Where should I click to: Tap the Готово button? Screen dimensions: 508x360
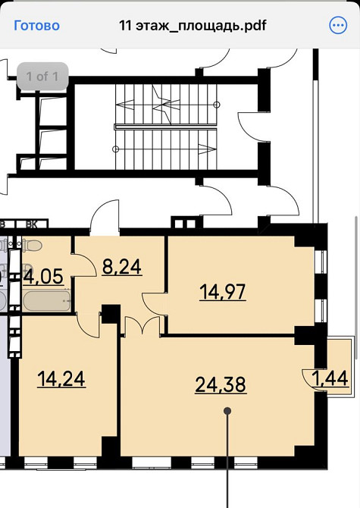tap(36, 25)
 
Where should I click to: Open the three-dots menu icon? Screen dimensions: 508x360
tap(337, 25)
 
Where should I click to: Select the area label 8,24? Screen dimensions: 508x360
tap(122, 267)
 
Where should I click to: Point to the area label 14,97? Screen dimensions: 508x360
tap(222, 291)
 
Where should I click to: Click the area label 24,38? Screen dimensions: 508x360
tap(221, 385)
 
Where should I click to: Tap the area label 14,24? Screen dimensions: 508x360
tap(61, 378)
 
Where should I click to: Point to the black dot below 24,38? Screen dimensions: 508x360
tap(228, 410)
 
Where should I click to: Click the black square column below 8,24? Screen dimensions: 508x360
tap(111, 312)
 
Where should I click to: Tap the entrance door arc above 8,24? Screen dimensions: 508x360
tap(104, 216)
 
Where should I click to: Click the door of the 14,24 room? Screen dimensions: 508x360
tap(89, 325)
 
